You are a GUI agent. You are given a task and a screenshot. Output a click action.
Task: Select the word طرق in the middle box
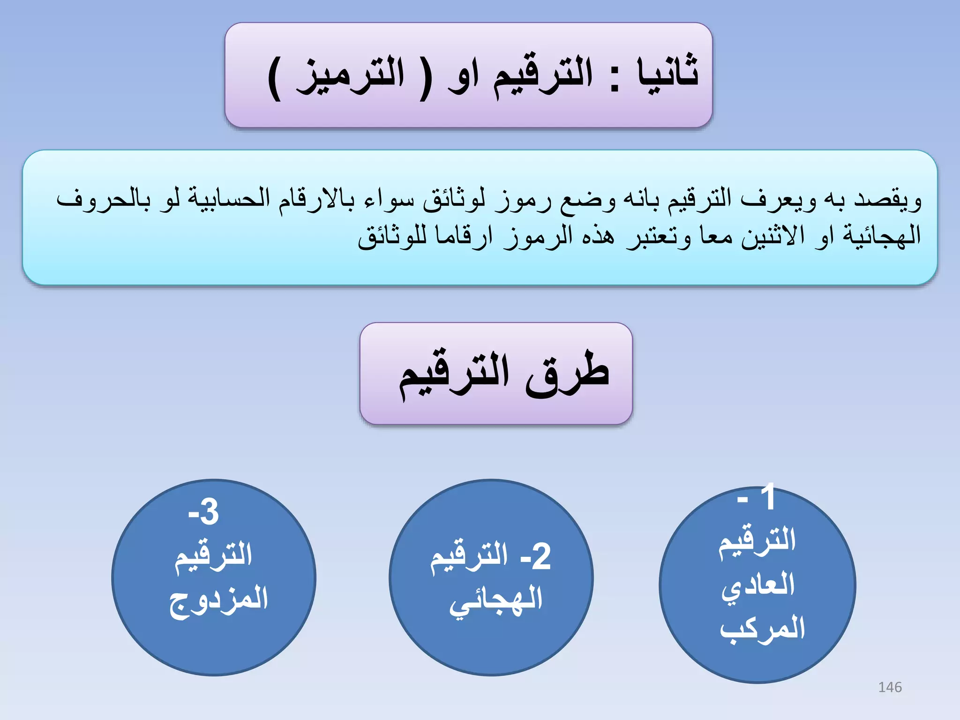[x=567, y=375]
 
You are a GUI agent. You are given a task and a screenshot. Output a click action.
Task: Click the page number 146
[x=890, y=687]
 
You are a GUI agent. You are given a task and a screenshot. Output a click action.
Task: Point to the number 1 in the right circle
[x=768, y=498]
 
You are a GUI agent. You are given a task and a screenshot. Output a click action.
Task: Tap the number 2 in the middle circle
[x=541, y=557]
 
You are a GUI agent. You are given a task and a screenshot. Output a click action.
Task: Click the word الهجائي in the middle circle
[x=496, y=600]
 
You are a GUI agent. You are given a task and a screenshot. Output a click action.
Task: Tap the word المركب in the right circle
[x=762, y=628]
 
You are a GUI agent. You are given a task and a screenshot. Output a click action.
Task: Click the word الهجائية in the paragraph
[x=882, y=235]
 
